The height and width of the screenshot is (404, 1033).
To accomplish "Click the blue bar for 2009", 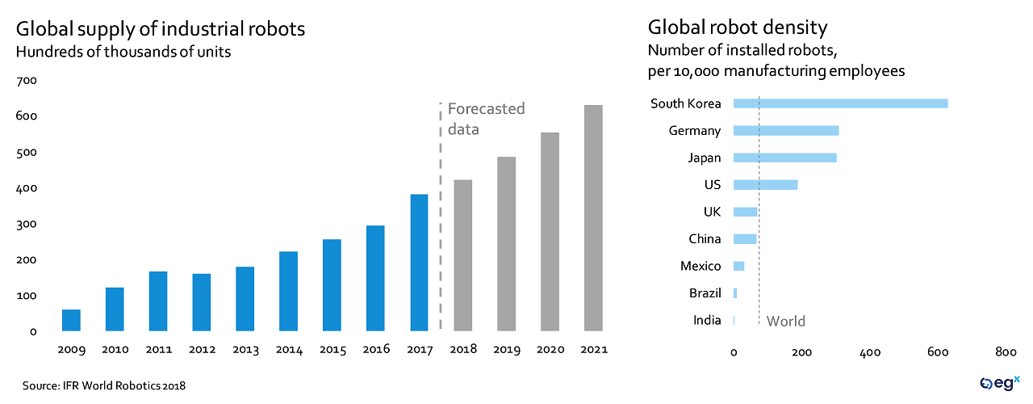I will (x=71, y=320).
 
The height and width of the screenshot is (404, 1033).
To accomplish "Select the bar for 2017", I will (x=419, y=263).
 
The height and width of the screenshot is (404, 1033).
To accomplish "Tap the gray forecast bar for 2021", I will (x=593, y=218).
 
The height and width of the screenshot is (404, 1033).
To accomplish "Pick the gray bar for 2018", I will (x=462, y=255).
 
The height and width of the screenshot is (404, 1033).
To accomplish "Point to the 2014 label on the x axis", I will (x=289, y=350).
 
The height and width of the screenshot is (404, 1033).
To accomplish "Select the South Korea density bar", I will (x=840, y=103).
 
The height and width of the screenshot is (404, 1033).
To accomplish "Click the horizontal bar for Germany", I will (x=785, y=131).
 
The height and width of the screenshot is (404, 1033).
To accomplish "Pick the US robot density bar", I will (x=765, y=185).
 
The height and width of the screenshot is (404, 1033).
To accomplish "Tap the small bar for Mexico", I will (x=738, y=266).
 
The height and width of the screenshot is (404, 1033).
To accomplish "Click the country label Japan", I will (x=705, y=158).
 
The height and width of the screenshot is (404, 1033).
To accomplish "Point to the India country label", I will (x=707, y=321).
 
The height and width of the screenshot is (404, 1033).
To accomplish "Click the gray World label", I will (x=785, y=322).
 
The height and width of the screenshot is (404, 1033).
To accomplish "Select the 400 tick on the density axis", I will (x=870, y=352).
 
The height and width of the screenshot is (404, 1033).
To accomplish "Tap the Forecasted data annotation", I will (x=486, y=118).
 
